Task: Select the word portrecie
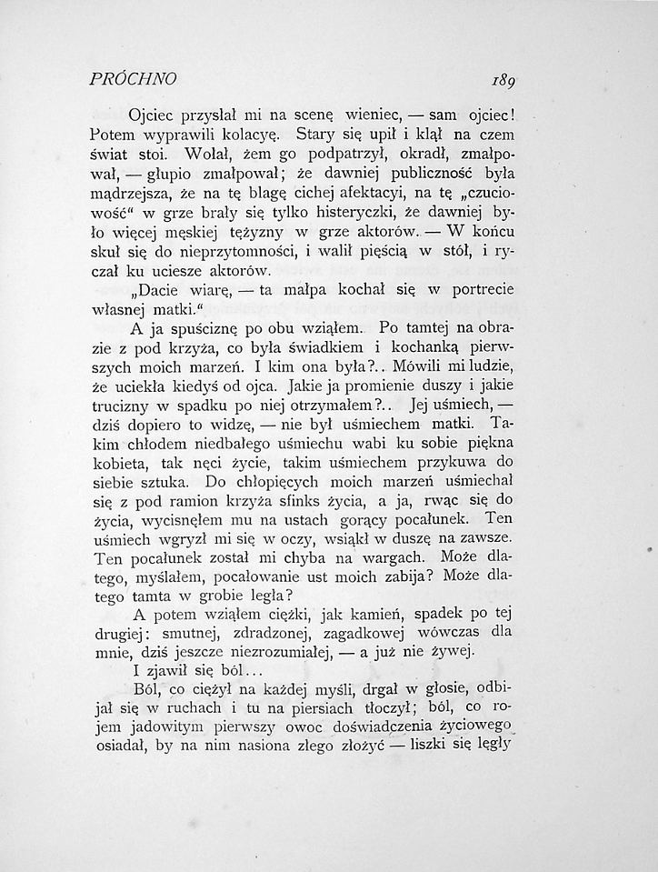479,316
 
